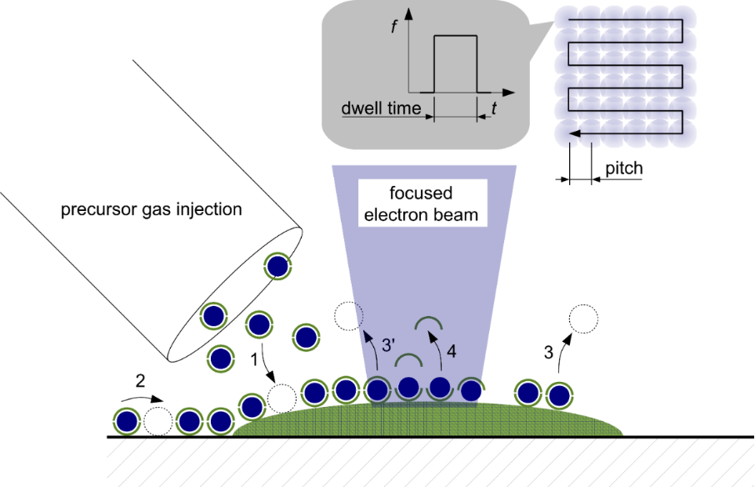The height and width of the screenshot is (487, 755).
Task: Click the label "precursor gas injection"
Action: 151,210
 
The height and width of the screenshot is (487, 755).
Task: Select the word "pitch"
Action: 624,168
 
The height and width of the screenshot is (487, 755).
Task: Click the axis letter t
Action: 494,108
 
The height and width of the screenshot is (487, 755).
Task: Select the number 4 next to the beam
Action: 451,351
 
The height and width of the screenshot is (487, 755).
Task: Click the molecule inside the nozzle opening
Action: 277,267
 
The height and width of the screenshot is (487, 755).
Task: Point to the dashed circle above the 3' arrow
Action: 347,315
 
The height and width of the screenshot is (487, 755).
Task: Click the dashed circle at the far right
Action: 582,319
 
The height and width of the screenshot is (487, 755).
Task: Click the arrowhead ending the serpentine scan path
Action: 573,133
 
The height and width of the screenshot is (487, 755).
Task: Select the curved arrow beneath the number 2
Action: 152,397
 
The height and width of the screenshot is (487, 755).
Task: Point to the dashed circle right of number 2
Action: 157,422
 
